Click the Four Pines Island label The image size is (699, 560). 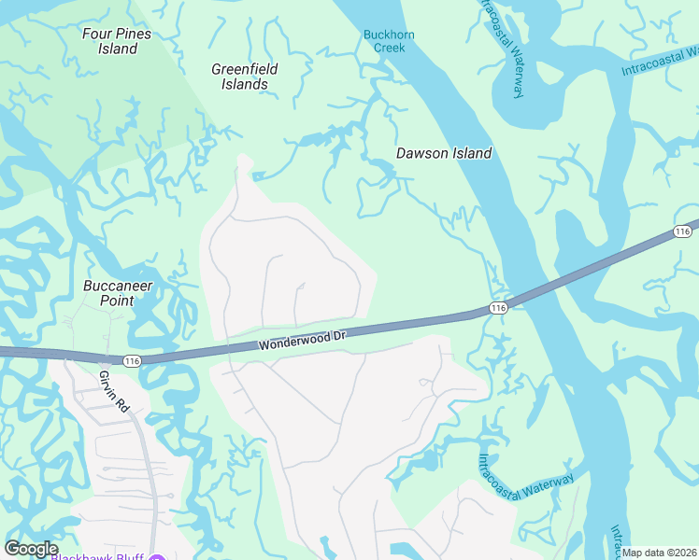tap(118, 41)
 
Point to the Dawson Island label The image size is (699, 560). tap(444, 153)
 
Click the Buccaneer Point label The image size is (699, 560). tap(120, 293)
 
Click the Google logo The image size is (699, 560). tap(30, 549)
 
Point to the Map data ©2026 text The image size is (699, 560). tap(660, 553)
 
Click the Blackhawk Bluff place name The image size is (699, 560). tap(97, 556)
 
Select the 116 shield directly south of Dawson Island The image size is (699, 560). tap(497, 307)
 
